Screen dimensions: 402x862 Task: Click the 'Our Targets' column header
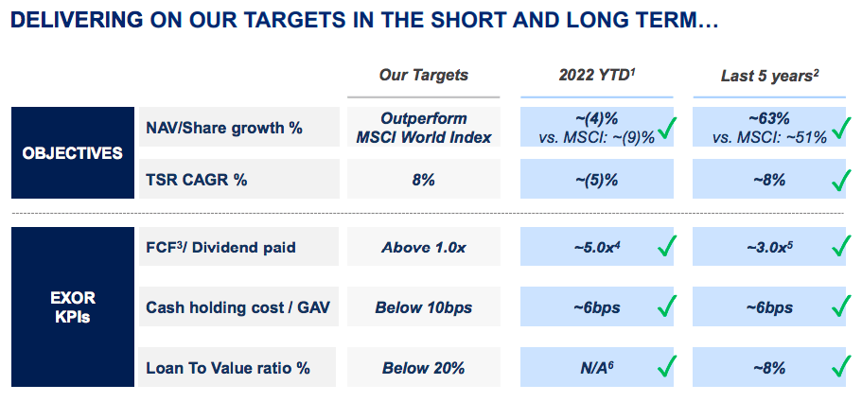click(424, 75)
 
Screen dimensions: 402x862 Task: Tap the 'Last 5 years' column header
click(767, 75)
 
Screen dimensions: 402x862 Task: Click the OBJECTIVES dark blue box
click(73, 152)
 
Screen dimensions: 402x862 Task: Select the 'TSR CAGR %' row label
click(197, 180)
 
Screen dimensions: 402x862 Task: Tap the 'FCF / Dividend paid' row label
click(220, 248)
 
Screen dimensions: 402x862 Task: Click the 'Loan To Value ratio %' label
click(228, 367)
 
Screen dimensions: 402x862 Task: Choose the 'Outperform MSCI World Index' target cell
click(424, 127)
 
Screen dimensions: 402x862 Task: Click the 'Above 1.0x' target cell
click(424, 248)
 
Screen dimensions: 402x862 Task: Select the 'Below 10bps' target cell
click(424, 307)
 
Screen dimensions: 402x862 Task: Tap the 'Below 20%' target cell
click(424, 367)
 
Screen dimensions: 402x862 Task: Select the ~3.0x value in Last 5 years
click(763, 248)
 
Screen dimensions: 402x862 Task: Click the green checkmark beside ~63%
click(837, 129)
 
